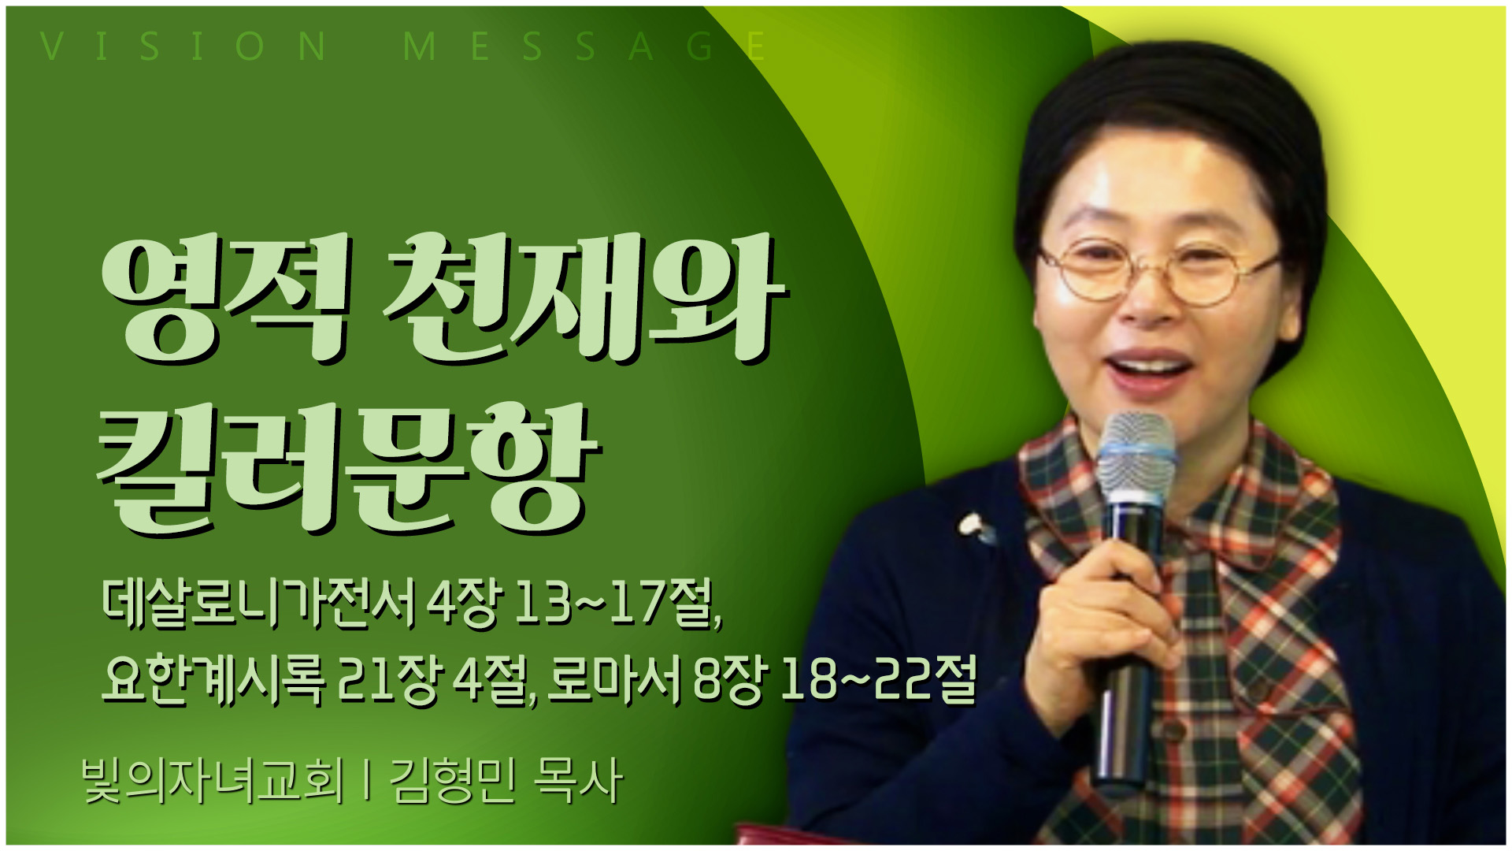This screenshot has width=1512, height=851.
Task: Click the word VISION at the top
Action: [183, 46]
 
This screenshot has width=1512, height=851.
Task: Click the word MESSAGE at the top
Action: [584, 46]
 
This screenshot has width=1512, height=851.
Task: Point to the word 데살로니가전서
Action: [258, 604]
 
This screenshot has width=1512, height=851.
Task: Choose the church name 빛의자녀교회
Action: [213, 780]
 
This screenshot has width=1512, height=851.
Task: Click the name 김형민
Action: [453, 780]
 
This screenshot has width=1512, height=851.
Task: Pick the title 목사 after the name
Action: [578, 780]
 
